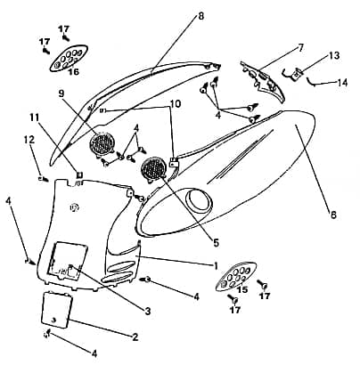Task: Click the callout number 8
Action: coord(201,16)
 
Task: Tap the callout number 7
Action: coord(301,47)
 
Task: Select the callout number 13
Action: coord(334,55)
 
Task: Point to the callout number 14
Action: coord(342,83)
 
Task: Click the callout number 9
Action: coord(61,93)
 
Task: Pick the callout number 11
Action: coord(34,118)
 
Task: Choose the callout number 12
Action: coord(29,140)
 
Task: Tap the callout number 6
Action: coord(333,215)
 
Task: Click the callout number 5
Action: coord(217,243)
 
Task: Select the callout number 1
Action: coord(216,265)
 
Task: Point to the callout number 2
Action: coord(135,337)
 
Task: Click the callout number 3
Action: coord(148,311)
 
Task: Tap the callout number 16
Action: coord(74,72)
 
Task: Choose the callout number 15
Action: coord(242,289)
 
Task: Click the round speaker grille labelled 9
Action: coord(102,143)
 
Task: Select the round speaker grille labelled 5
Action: coord(153,168)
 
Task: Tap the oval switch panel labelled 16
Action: coord(69,58)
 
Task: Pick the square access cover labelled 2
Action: coord(57,310)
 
